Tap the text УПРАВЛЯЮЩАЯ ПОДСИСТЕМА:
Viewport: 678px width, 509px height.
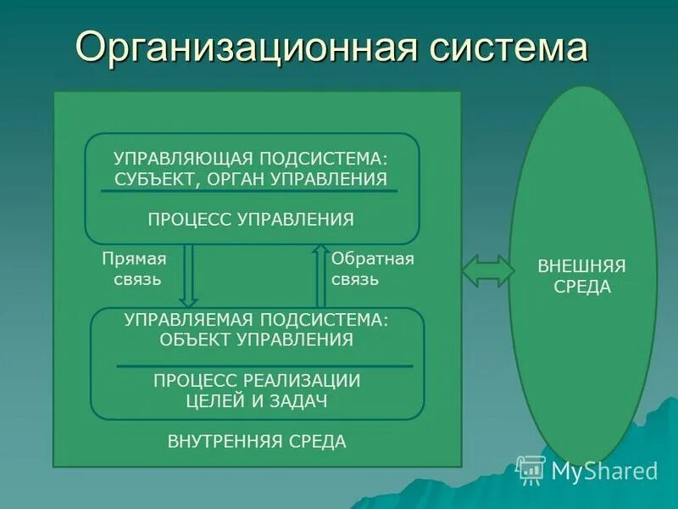[254, 159]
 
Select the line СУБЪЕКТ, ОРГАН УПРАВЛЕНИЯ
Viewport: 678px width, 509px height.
[251, 179]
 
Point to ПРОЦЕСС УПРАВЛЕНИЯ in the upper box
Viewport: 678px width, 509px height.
[251, 220]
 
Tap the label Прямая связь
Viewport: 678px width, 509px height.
[134, 268]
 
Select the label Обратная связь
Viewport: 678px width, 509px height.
[372, 268]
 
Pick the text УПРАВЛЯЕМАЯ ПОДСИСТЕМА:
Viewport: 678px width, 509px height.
[257, 320]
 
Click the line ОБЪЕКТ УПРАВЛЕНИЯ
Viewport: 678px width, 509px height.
[257, 340]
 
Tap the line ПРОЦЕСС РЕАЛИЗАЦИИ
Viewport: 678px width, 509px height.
[257, 381]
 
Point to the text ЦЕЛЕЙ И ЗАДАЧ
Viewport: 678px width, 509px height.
[257, 401]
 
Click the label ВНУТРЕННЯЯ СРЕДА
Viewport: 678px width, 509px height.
[257, 442]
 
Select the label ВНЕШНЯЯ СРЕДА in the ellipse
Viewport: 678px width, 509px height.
[582, 276]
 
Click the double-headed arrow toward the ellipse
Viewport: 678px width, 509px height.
[488, 271]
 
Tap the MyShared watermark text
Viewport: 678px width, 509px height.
[604, 470]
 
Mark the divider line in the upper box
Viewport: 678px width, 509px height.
[249, 191]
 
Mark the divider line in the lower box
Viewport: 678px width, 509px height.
[264, 366]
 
